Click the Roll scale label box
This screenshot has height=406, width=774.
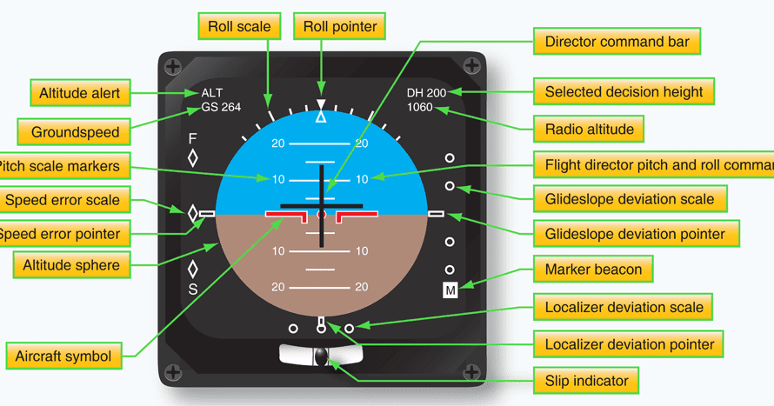pyautogui.click(x=239, y=26)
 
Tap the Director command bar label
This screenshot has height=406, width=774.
pyautogui.click(x=622, y=42)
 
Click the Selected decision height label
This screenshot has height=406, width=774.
pyautogui.click(x=624, y=91)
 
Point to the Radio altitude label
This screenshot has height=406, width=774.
pyautogui.click(x=589, y=130)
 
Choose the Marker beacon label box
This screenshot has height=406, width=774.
pyautogui.click(x=593, y=269)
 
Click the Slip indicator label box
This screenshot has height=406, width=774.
pyautogui.click(x=586, y=380)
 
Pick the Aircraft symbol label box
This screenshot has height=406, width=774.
pyautogui.click(x=63, y=356)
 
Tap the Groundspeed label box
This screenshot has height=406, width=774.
pyautogui.click(x=76, y=133)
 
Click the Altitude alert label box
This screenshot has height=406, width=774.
pyautogui.click(x=79, y=92)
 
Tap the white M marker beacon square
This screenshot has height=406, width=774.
pyautogui.click(x=450, y=290)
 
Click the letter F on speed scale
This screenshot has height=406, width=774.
pyautogui.click(x=193, y=139)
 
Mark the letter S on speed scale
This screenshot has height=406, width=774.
pyautogui.click(x=193, y=290)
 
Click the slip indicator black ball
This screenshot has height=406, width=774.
pyautogui.click(x=322, y=356)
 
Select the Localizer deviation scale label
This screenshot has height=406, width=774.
pyautogui.click(x=624, y=307)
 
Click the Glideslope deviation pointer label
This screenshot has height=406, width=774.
pyautogui.click(x=635, y=234)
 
